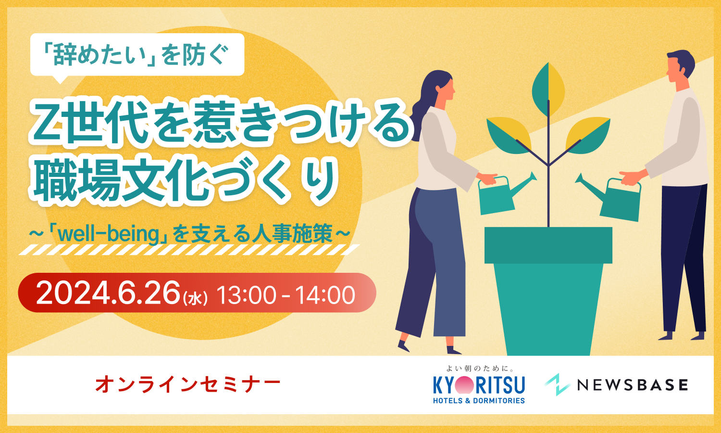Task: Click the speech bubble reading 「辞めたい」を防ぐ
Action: (x=137, y=55)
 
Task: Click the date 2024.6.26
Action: (x=108, y=293)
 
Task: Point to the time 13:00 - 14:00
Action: (x=286, y=294)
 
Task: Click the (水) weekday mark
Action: (x=195, y=298)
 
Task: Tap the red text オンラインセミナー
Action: (x=187, y=385)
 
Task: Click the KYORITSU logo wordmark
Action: (x=479, y=385)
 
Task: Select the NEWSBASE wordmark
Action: (x=633, y=385)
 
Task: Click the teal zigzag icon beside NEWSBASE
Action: (x=557, y=384)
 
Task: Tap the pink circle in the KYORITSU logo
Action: (x=464, y=385)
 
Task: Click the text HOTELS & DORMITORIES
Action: (x=479, y=401)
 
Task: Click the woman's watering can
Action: (x=503, y=194)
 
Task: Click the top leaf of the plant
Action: (x=548, y=89)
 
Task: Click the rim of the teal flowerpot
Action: (x=548, y=245)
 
